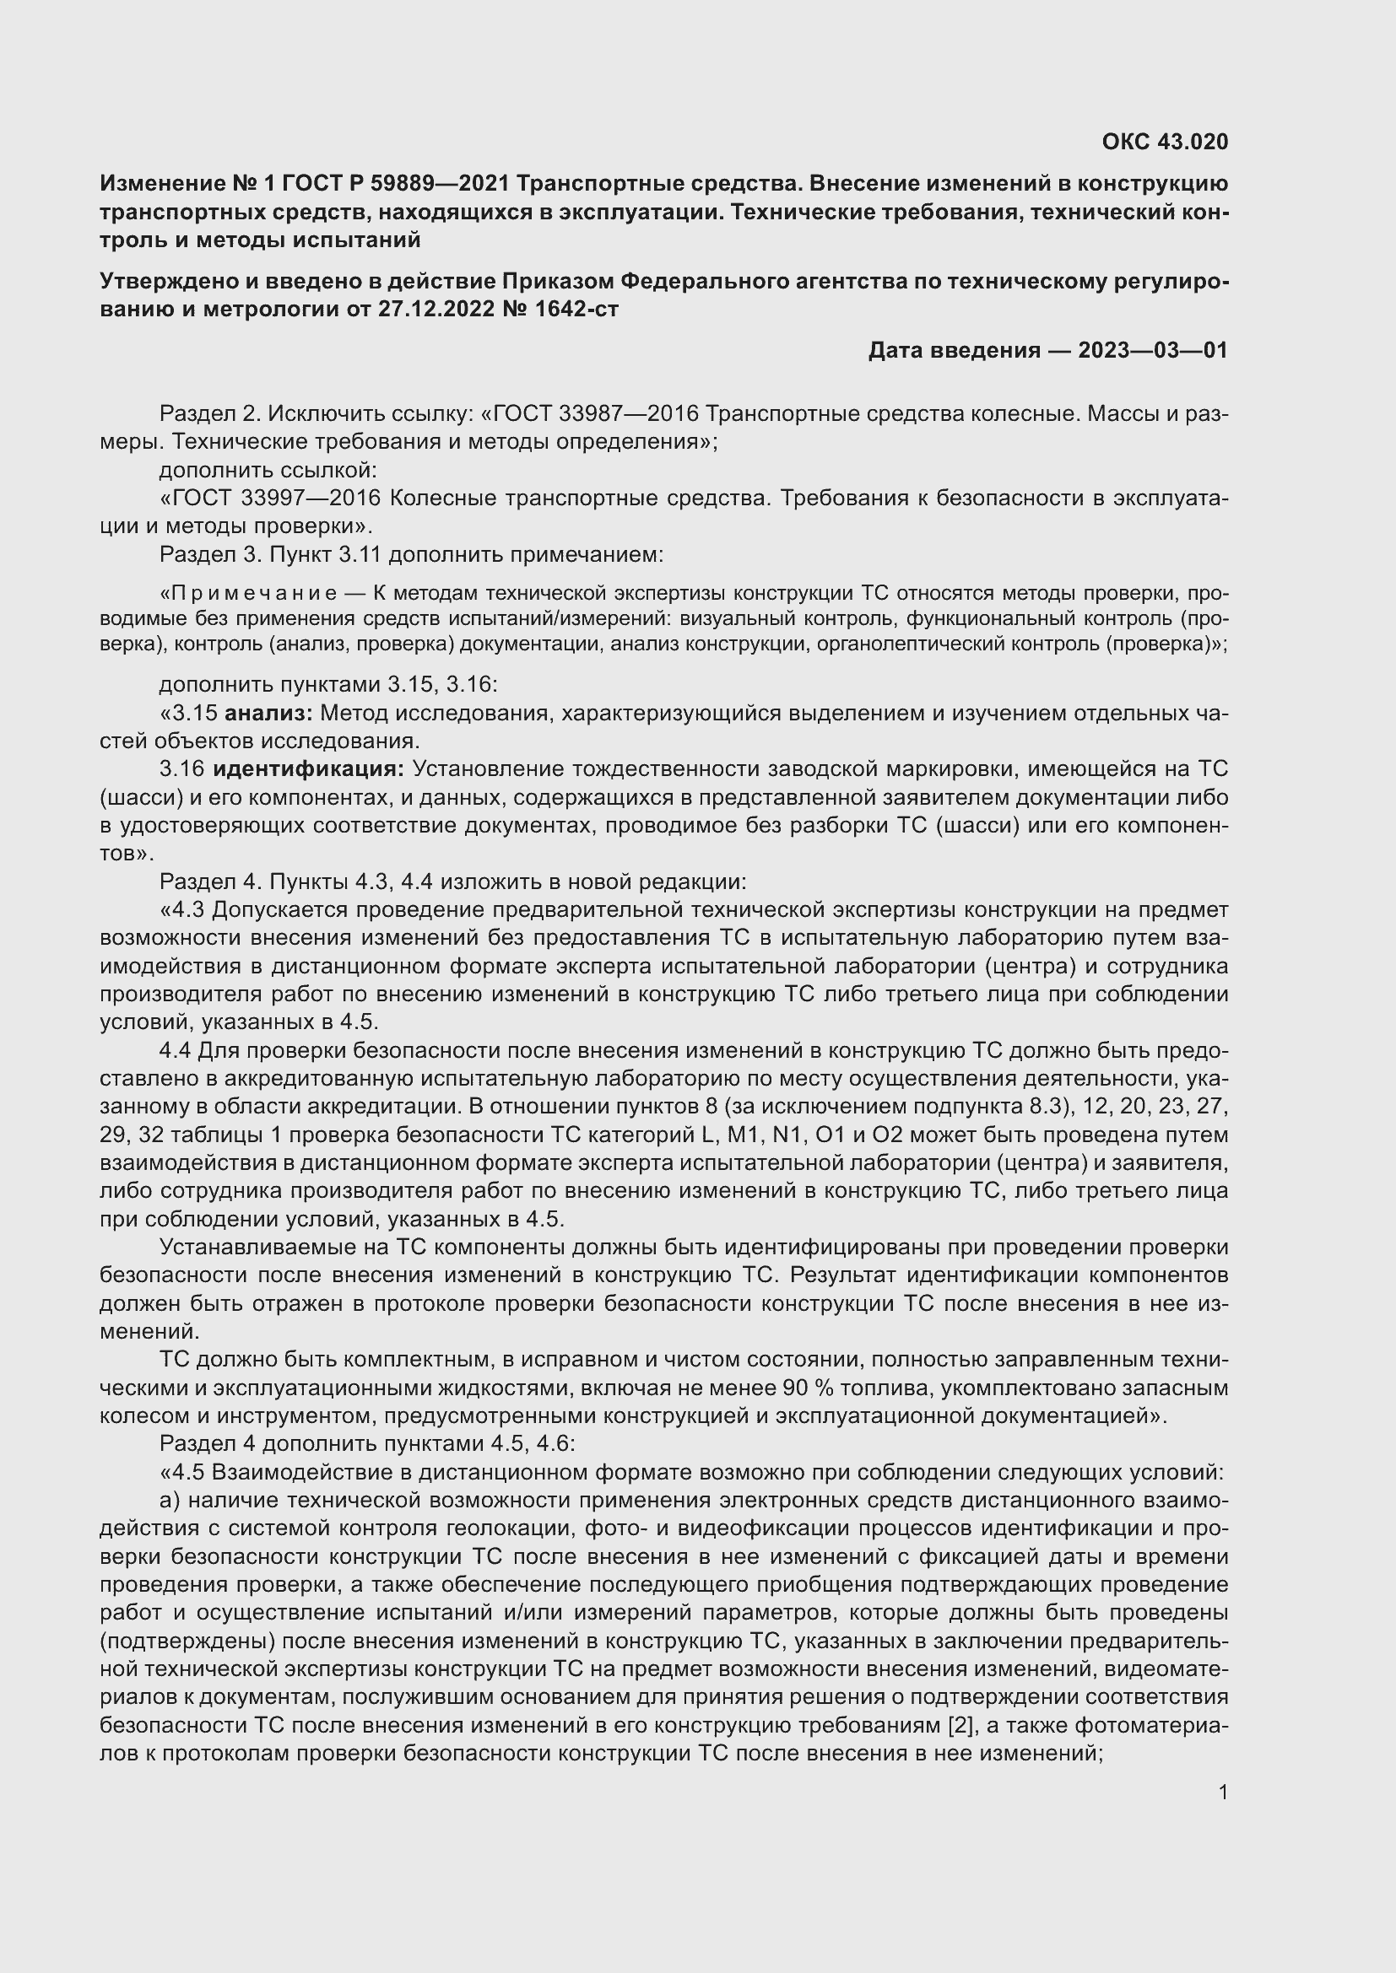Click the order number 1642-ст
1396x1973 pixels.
[x=576, y=309]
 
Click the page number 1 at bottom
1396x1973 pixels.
[x=1222, y=1792]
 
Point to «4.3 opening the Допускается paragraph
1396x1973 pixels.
[x=182, y=909]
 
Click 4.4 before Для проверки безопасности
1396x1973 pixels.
[x=176, y=1050]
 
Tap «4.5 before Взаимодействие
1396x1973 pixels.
[x=182, y=1472]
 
